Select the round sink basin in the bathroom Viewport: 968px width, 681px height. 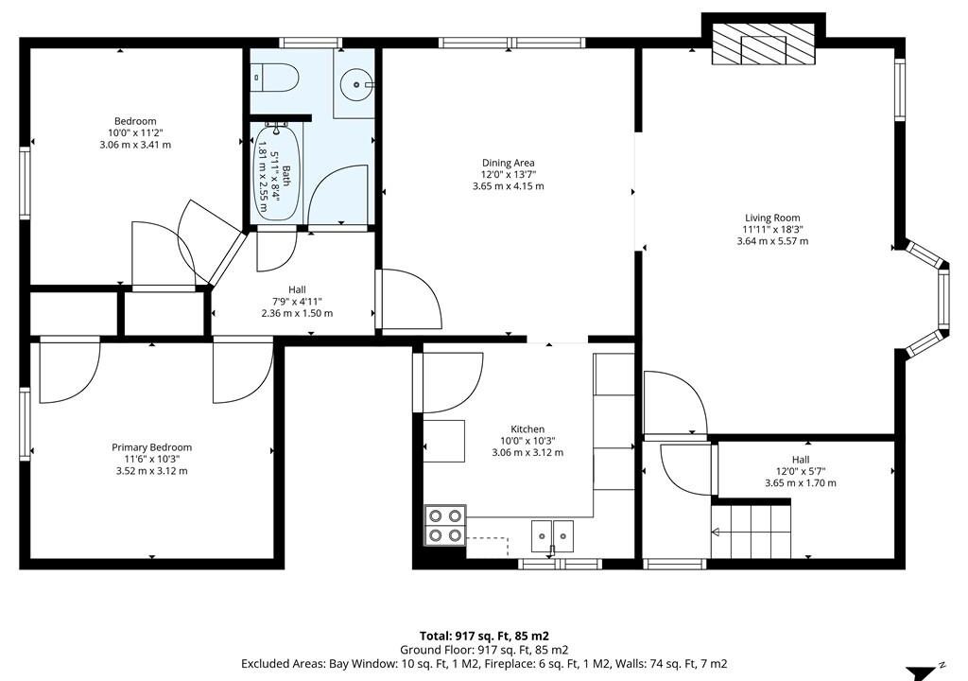pos(357,82)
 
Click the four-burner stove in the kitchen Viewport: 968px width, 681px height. pos(445,525)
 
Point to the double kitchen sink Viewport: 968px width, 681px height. pos(552,535)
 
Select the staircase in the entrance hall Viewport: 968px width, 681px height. pos(752,531)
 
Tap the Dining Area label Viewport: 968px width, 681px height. pos(508,163)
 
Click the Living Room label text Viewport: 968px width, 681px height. pos(772,218)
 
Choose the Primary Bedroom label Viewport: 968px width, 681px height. pos(152,447)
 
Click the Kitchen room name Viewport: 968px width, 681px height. pos(527,428)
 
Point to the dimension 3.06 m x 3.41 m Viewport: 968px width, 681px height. pos(135,145)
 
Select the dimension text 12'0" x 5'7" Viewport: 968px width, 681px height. pos(801,471)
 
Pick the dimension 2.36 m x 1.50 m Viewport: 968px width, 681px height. pos(297,313)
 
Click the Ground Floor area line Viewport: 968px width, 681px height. pos(484,650)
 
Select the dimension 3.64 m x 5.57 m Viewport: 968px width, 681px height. pos(772,241)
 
